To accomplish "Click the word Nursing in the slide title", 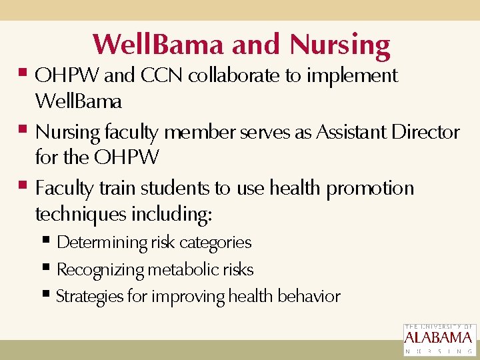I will point(340,45).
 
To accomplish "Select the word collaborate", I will point(235,76).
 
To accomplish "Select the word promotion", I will point(370,189).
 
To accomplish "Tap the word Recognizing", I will point(101,270).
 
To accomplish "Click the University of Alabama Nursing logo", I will point(439,340).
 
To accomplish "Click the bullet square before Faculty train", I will point(23,185).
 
